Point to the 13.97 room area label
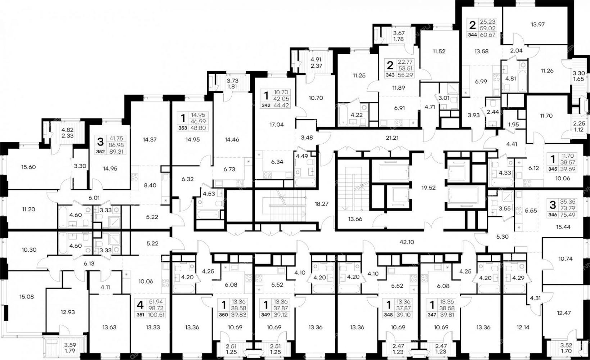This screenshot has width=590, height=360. (537, 24)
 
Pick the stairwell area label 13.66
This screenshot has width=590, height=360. (355, 219)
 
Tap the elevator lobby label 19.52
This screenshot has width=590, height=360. (428, 188)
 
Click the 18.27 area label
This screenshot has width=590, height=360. (321, 204)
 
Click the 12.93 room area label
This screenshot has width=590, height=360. (67, 312)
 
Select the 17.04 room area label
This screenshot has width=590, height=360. (276, 125)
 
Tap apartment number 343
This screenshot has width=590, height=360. (390, 75)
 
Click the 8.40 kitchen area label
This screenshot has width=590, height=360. (150, 185)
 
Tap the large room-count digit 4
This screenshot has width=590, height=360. (140, 305)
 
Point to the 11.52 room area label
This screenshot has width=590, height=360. (439, 51)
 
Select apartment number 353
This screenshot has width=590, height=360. (183, 128)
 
